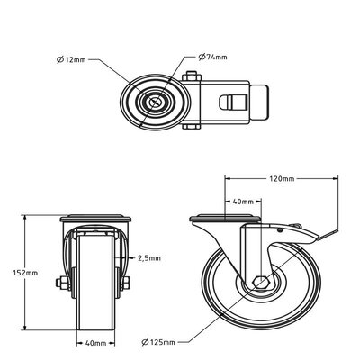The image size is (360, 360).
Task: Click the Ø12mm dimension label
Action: click(x=72, y=62)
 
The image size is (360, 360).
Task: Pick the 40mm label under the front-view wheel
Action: click(x=97, y=343)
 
